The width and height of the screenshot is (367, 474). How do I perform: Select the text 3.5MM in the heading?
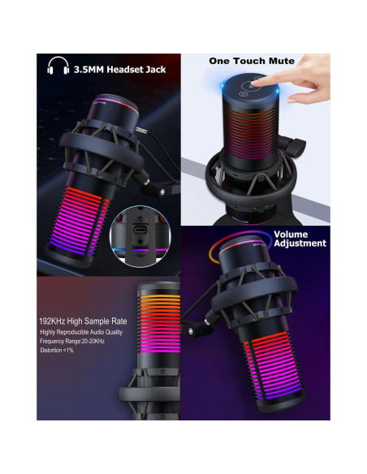(89, 69)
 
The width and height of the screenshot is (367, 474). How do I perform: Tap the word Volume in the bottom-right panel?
(290, 234)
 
